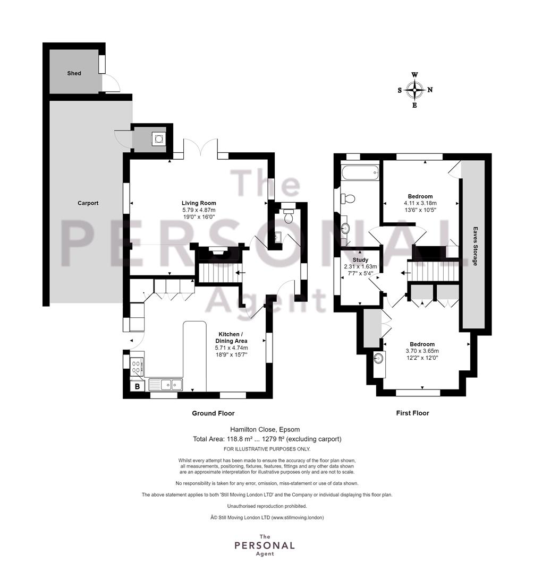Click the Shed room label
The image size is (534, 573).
(x=74, y=73)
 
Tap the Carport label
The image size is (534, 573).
(x=88, y=203)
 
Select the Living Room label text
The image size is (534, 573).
(x=199, y=203)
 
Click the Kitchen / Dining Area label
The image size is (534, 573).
(x=231, y=337)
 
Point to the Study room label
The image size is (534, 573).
(x=360, y=260)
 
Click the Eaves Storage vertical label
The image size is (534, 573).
(x=475, y=246)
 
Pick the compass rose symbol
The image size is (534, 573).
(x=414, y=90)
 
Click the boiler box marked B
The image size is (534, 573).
(x=137, y=386)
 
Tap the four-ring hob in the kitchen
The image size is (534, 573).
(x=137, y=367)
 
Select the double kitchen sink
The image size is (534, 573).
(x=166, y=385)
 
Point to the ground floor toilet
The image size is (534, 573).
(x=288, y=215)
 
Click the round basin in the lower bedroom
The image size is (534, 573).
(x=379, y=358)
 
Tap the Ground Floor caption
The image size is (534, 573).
(x=213, y=413)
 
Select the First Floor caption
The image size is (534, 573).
(x=412, y=413)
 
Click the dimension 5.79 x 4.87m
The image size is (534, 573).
(x=199, y=210)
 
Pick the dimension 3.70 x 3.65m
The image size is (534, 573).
(x=422, y=351)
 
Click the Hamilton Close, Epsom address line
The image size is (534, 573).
(x=265, y=429)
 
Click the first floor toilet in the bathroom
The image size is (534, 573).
(x=347, y=198)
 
